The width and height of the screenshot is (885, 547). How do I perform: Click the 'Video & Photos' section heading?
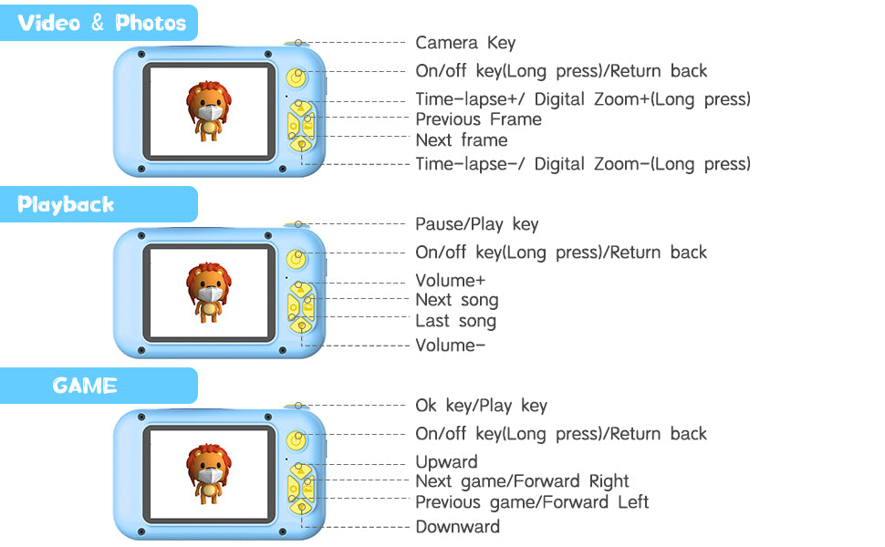point(101,23)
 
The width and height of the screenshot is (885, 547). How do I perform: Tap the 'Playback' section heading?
point(66,204)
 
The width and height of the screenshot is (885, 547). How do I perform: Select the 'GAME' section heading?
point(85,386)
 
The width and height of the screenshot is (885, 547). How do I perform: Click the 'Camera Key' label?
point(465,43)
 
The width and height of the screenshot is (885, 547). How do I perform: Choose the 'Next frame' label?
point(461,140)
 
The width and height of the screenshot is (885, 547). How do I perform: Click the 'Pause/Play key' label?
point(476,224)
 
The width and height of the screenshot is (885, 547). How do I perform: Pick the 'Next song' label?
point(456,300)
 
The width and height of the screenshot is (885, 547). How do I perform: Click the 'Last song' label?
point(455,321)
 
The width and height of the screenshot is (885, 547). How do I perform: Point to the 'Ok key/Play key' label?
point(481,406)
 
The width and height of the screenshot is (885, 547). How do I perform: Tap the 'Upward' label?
point(446,462)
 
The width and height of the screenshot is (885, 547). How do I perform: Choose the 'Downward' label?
point(457,527)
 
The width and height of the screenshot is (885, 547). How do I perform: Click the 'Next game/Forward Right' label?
point(522,481)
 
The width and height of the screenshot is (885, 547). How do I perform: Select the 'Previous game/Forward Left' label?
point(532,502)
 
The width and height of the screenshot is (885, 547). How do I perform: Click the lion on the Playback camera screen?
point(210,291)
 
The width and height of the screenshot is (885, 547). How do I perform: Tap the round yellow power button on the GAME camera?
point(295,440)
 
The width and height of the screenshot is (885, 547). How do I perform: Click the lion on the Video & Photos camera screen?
point(210,110)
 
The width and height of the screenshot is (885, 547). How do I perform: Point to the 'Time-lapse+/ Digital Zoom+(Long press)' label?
point(582,99)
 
